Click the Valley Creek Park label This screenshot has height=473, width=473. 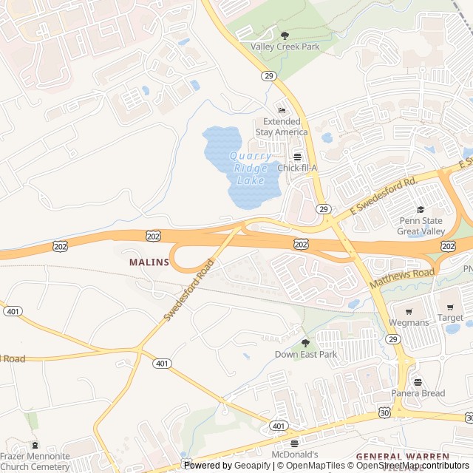[x=285, y=47]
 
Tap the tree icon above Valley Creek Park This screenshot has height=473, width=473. [x=285, y=35]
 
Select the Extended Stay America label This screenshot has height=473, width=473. [x=282, y=126]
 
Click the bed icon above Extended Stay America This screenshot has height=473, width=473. [x=282, y=111]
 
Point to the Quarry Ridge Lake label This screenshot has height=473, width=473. [x=250, y=167]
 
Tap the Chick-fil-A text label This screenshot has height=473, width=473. [x=297, y=168]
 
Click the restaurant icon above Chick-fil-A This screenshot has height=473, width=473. [x=297, y=157]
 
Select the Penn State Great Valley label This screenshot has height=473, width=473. [x=420, y=225]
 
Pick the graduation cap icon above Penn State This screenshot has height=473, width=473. [x=421, y=210]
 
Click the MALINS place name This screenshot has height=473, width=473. [x=149, y=262]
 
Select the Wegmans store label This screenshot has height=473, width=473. [x=409, y=322]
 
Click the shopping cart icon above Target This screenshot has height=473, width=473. [x=450, y=307]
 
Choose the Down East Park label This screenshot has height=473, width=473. [x=305, y=354]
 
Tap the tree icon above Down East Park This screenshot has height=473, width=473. [x=305, y=342]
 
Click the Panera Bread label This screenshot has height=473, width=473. [x=418, y=393]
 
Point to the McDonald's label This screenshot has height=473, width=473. [x=294, y=455]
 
